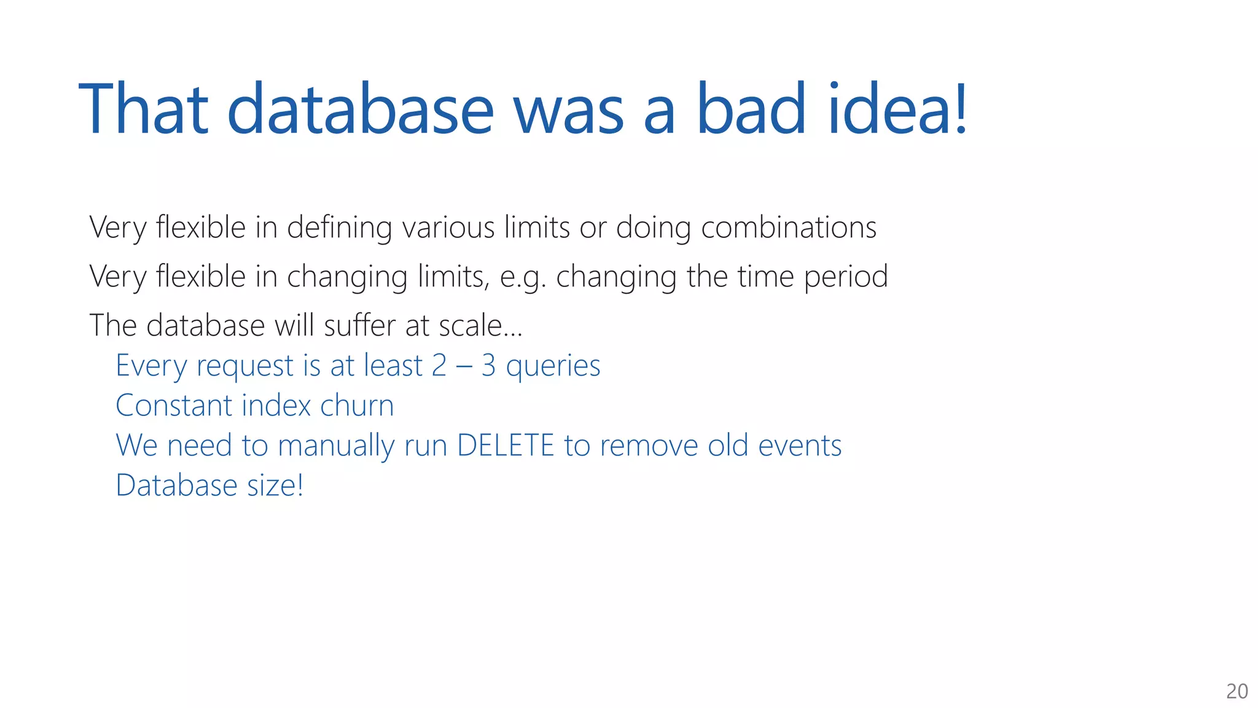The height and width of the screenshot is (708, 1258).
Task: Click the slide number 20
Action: (x=1237, y=691)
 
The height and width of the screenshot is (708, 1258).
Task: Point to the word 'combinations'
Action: (x=788, y=228)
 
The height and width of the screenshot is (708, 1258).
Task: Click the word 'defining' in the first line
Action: (x=339, y=228)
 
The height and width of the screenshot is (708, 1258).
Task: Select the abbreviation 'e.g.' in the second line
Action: (x=522, y=277)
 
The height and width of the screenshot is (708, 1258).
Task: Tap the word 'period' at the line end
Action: (x=846, y=277)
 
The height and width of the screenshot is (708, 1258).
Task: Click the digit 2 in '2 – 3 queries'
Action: (x=439, y=366)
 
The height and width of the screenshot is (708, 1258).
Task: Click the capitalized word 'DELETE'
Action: (x=506, y=446)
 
